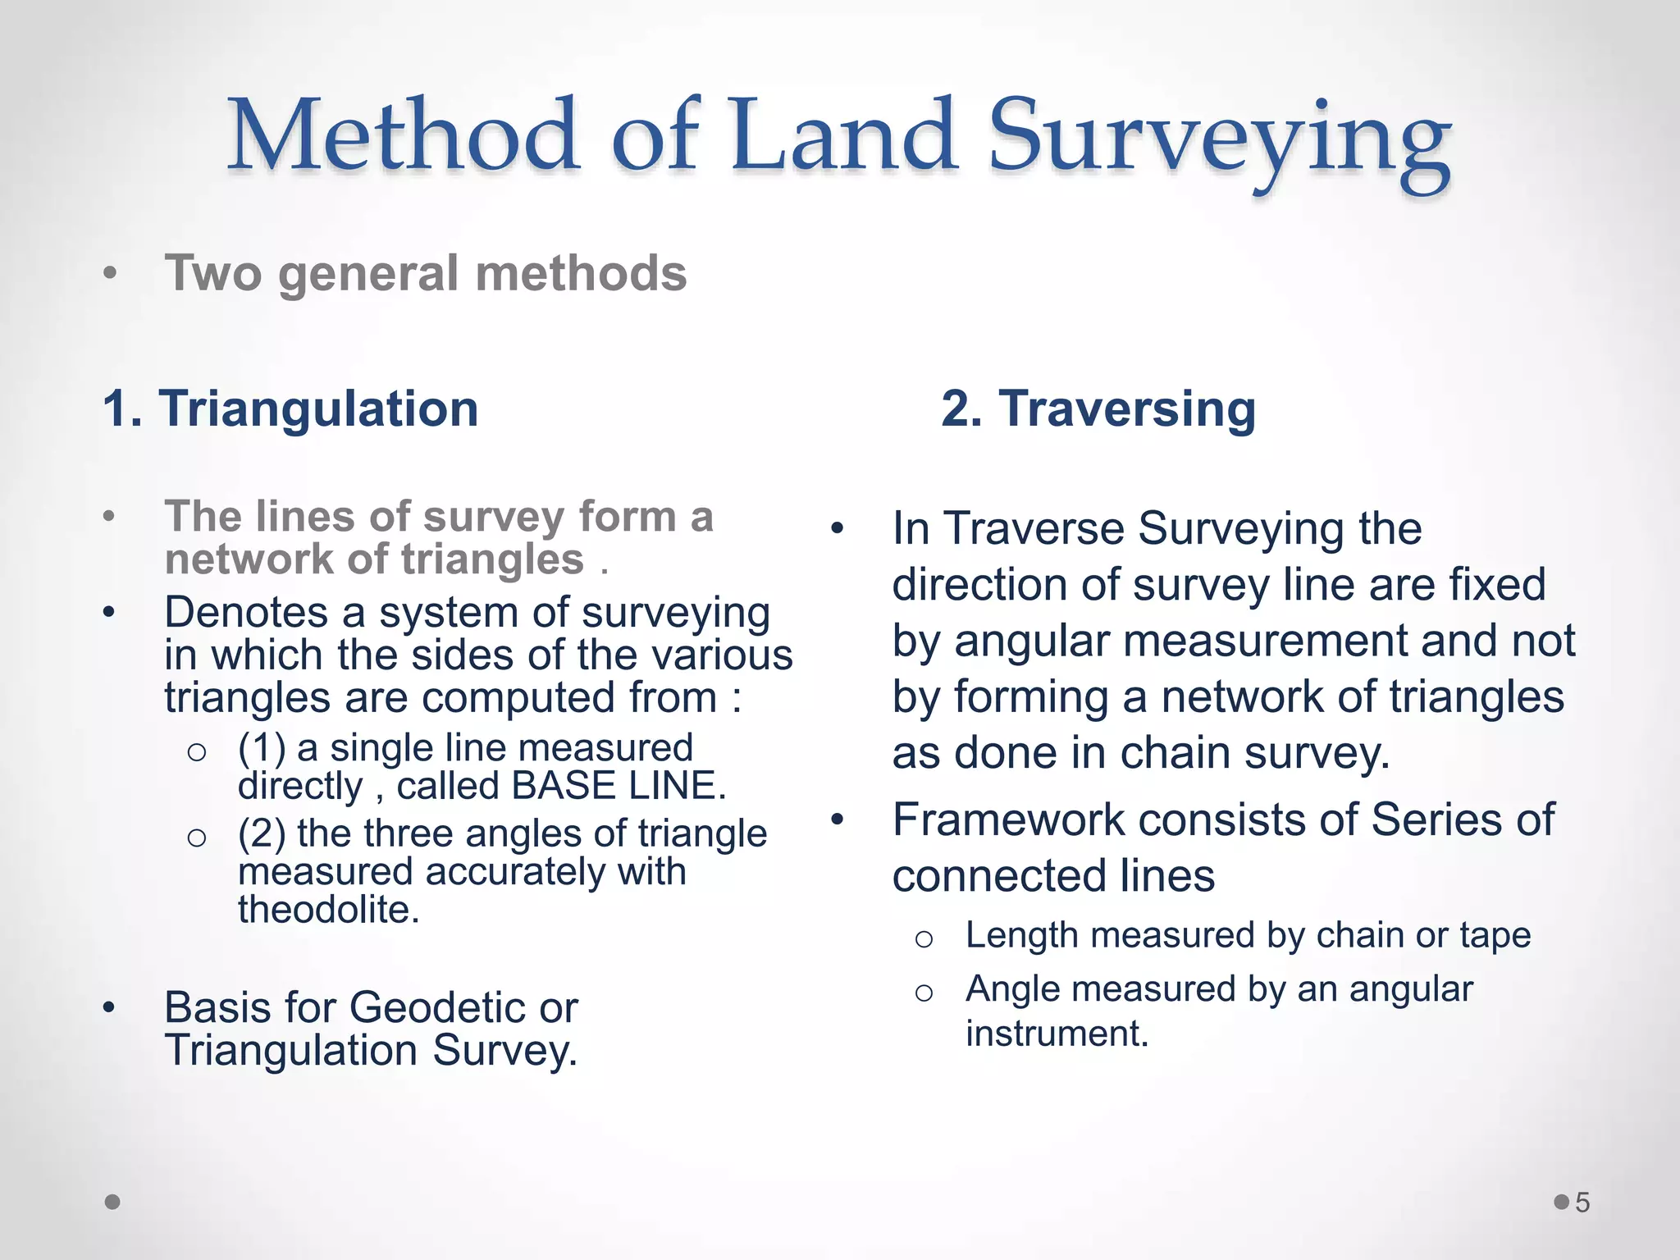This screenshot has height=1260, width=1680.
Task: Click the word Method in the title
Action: click(403, 135)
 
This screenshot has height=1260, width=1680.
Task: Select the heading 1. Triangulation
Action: click(290, 409)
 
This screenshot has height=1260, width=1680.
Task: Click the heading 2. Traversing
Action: click(1098, 409)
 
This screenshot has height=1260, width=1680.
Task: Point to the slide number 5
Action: click(1582, 1203)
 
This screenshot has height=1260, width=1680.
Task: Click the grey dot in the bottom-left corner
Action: click(113, 1202)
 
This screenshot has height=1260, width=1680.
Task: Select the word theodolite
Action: click(328, 910)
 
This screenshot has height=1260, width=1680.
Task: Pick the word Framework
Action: click(1008, 819)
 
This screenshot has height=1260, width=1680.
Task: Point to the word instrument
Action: click(1057, 1034)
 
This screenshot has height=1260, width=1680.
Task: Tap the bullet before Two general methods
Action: click(110, 274)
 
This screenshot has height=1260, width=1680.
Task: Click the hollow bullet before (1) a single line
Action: click(196, 751)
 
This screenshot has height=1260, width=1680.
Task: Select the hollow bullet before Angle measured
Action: click(924, 993)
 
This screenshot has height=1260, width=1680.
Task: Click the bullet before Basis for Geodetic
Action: click(109, 1008)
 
